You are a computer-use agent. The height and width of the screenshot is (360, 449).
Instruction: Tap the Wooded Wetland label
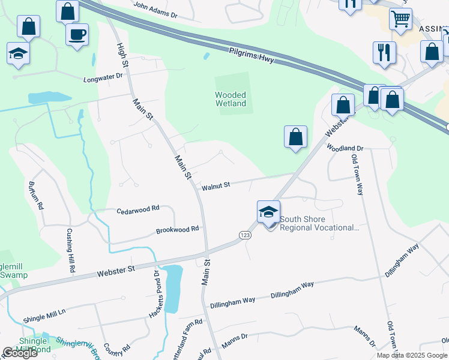coord(231,99)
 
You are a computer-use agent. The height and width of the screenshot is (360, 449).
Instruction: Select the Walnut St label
coord(215,186)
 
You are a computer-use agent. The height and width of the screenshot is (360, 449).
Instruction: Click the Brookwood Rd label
coord(177,230)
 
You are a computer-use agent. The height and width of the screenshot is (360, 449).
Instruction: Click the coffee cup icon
coord(77,34)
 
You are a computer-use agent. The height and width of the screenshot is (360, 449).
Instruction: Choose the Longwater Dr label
coord(103,77)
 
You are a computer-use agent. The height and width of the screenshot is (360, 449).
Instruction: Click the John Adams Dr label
coord(156,9)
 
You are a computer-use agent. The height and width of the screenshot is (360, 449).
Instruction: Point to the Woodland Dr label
coord(345,148)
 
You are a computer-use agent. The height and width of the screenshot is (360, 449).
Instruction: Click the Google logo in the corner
coord(20,353)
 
